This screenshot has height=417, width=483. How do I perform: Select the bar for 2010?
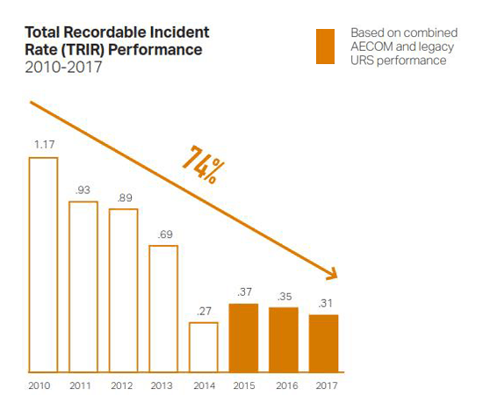pyautogui.click(x=30, y=265)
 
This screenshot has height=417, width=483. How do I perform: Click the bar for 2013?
pyautogui.click(x=150, y=309)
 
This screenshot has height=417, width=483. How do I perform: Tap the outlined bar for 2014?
pyautogui.click(x=190, y=348)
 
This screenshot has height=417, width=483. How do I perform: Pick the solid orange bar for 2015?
pyautogui.click(x=243, y=338)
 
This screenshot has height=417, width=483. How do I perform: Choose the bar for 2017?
pyautogui.click(x=324, y=343)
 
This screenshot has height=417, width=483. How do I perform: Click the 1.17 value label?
pyautogui.click(x=45, y=145)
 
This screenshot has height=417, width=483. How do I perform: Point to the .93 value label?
pyautogui.click(x=83, y=190)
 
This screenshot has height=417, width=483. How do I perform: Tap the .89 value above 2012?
pyautogui.click(x=125, y=198)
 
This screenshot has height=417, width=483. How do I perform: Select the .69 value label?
pyautogui.click(x=165, y=234)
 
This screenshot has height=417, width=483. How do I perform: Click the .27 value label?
pyautogui.click(x=205, y=311)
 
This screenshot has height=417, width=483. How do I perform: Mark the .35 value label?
pyautogui.click(x=285, y=297)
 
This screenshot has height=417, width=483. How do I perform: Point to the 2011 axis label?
pyautogui.click(x=81, y=385)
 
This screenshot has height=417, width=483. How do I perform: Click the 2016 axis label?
pyautogui.click(x=287, y=385)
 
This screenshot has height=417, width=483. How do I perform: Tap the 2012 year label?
pyautogui.click(x=122, y=385)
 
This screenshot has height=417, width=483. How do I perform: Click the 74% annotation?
pyautogui.click(x=204, y=165)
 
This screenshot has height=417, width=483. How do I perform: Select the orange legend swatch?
pyautogui.click(x=325, y=47)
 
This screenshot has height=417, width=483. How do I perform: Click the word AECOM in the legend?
pyautogui.click(x=371, y=47)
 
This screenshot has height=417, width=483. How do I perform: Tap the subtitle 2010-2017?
pyautogui.click(x=63, y=67)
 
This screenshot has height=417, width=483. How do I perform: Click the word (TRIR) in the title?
pyautogui.click(x=83, y=50)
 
